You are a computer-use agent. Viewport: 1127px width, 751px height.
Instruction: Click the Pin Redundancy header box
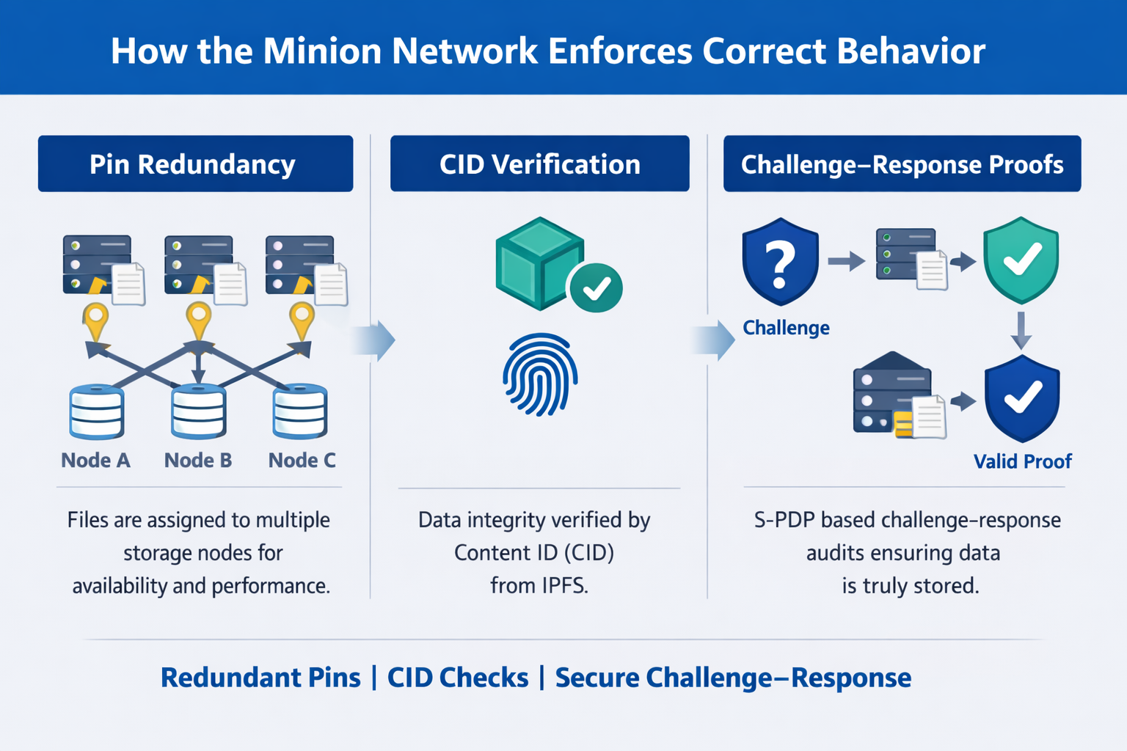pos(195,164)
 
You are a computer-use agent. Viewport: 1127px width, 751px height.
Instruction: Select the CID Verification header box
pos(539,164)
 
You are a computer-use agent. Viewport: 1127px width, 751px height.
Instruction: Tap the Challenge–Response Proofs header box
pos(902,164)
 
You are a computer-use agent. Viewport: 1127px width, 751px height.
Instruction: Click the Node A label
pos(95,461)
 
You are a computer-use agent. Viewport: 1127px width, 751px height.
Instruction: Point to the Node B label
pos(198,461)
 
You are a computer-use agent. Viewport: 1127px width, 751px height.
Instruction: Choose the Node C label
pos(302,461)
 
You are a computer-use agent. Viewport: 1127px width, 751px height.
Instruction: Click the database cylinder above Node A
pos(96,411)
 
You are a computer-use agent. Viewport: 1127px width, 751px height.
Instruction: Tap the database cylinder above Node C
pos(299,411)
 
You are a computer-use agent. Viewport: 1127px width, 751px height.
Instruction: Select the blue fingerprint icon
pos(540,373)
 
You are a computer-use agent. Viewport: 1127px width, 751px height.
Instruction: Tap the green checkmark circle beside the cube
pos(595,288)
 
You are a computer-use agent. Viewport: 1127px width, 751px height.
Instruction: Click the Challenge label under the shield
pos(786,328)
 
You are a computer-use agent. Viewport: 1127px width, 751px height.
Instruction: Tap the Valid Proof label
pos(1022,461)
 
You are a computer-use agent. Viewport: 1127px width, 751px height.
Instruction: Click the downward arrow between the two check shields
pos(1021,330)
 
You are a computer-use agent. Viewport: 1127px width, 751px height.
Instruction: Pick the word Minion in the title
pos(322,51)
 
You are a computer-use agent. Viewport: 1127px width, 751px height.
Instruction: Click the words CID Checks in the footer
pos(458,678)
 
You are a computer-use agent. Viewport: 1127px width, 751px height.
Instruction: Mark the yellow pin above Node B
pos(198,320)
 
